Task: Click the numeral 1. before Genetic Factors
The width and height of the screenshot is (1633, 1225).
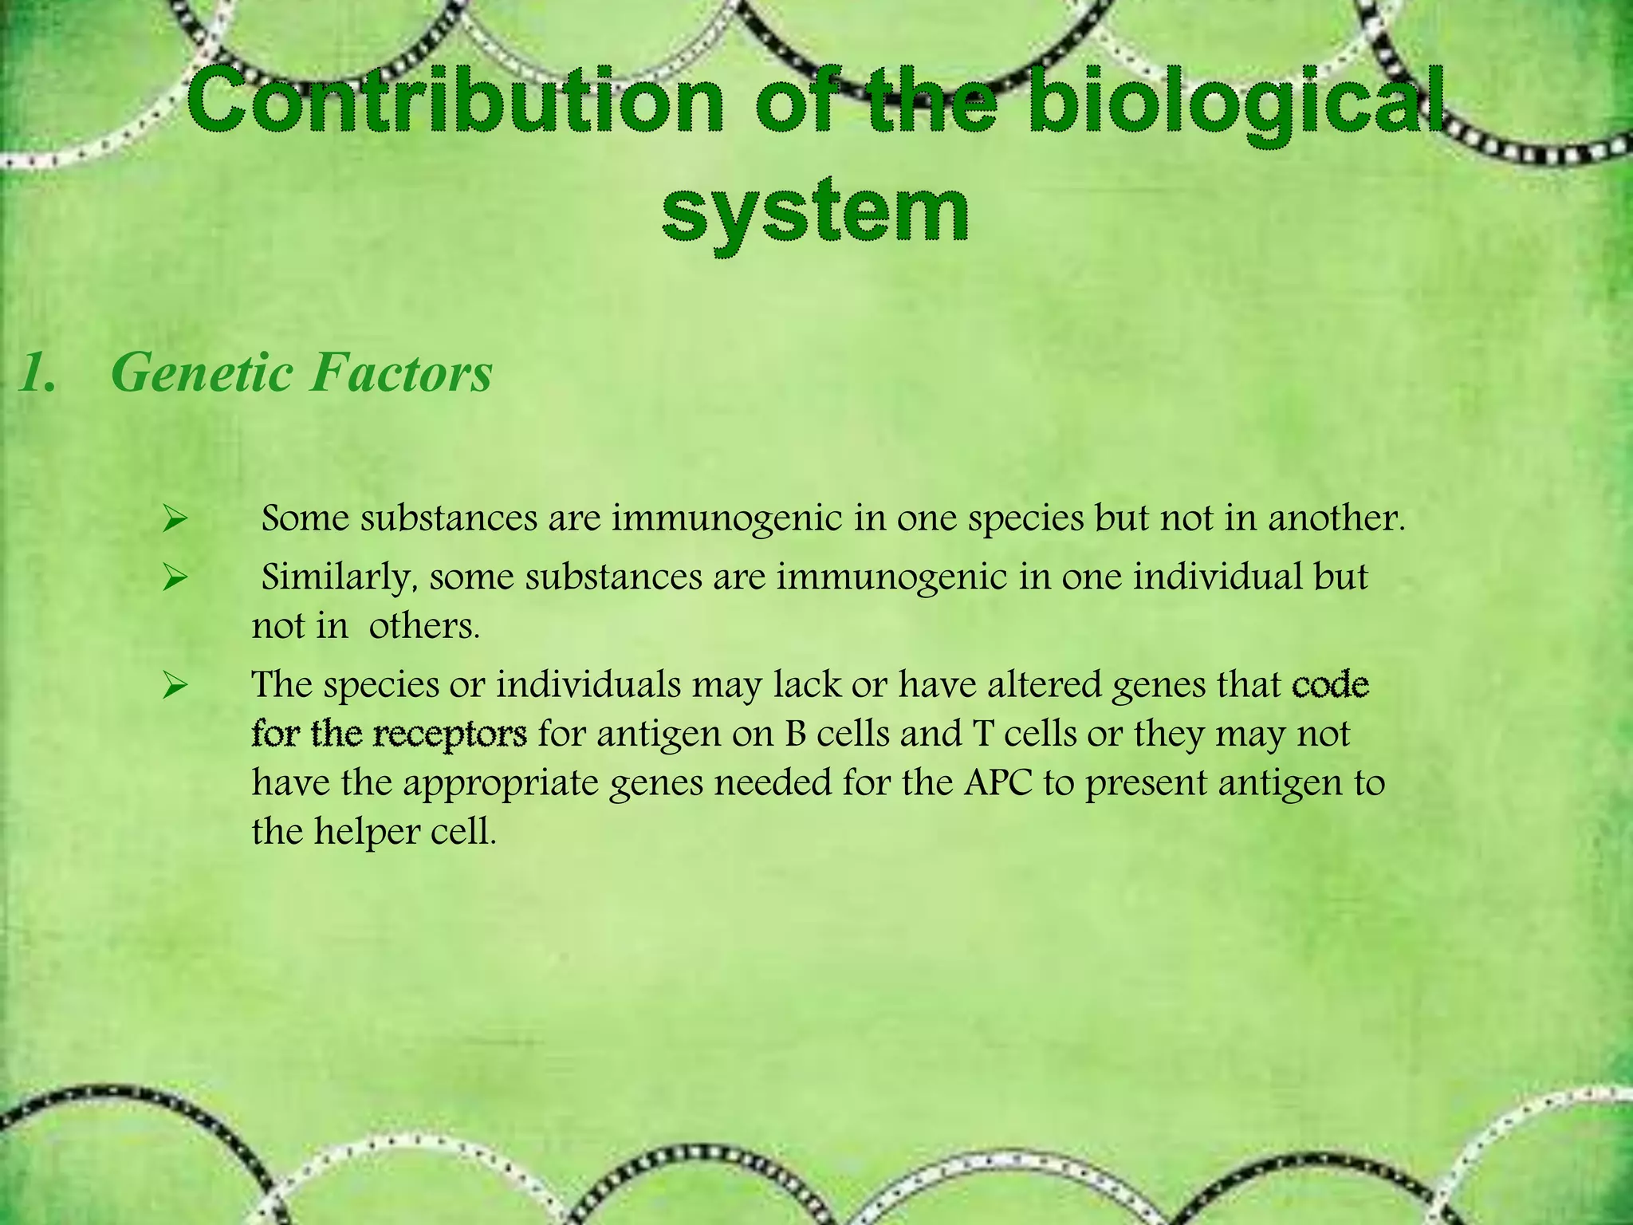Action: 37,373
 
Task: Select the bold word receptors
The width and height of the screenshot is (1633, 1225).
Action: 450,735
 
